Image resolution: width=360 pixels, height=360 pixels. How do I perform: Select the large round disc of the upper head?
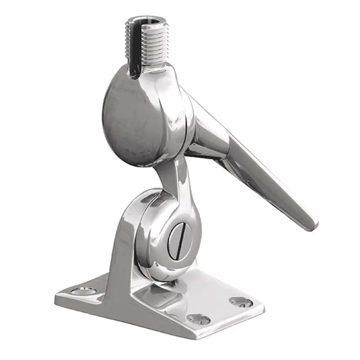click(135, 119)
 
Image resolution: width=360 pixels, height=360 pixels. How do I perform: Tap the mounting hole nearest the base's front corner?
click(198, 319)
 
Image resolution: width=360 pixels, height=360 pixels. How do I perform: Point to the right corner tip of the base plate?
click(263, 306)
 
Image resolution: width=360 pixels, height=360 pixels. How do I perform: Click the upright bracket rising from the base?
click(119, 252)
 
